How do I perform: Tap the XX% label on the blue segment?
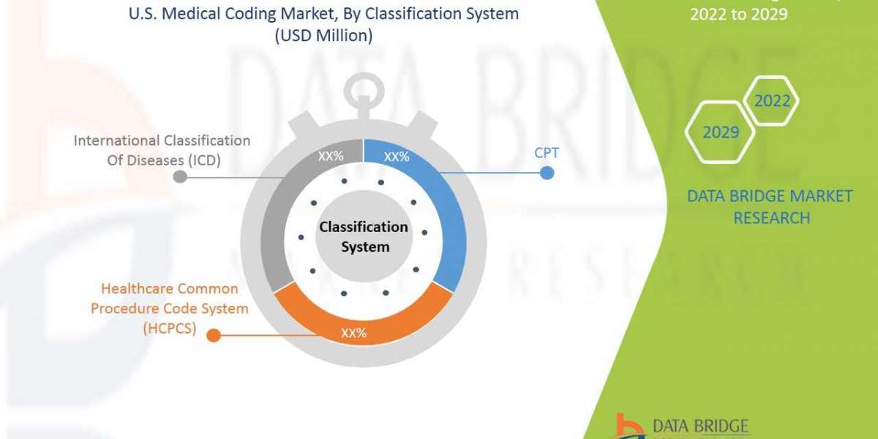click(x=397, y=157)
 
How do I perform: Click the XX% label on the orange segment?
click(x=353, y=333)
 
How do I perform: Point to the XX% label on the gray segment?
click(x=331, y=157)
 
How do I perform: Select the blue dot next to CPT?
click(x=546, y=173)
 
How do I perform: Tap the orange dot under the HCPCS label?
click(x=213, y=335)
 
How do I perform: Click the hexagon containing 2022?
click(x=772, y=101)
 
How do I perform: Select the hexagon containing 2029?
click(x=720, y=132)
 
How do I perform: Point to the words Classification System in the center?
click(x=364, y=237)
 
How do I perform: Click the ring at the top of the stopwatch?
click(x=364, y=94)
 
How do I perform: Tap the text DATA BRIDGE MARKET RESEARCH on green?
click(x=770, y=207)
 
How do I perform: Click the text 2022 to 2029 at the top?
click(x=739, y=14)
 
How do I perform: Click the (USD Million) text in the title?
click(x=323, y=36)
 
